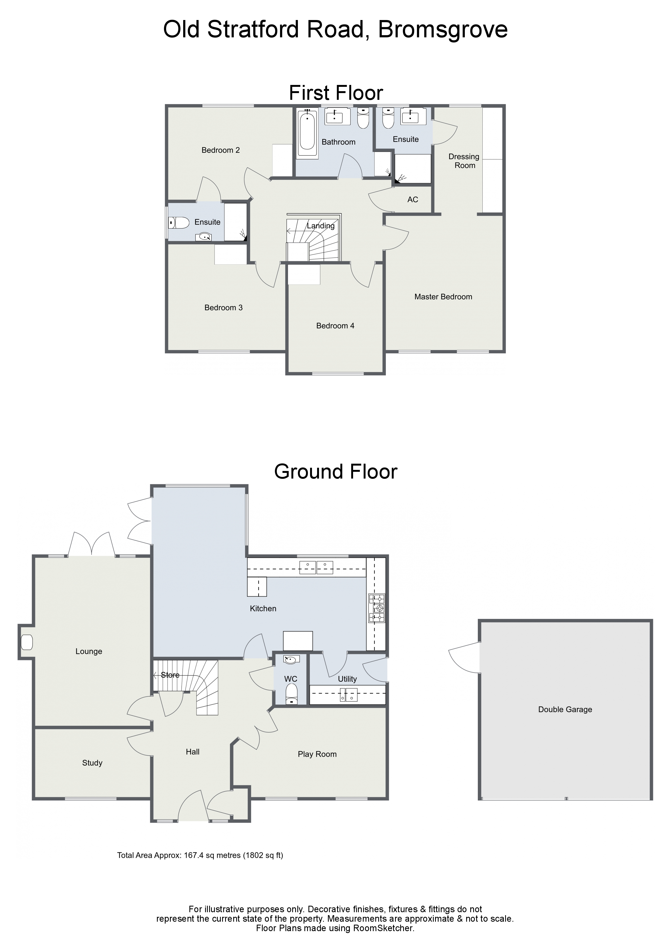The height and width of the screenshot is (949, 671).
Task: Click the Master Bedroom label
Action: (443, 297)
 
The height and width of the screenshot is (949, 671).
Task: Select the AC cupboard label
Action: (413, 200)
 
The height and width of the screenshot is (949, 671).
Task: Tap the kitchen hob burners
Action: (376, 608)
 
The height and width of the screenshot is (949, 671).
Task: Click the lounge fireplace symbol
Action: (27, 642)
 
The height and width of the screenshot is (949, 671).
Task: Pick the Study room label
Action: (92, 763)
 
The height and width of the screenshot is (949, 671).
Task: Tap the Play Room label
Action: (317, 754)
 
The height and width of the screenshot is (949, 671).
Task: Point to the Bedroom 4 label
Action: (335, 326)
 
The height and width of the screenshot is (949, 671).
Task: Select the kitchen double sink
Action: (316, 567)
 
